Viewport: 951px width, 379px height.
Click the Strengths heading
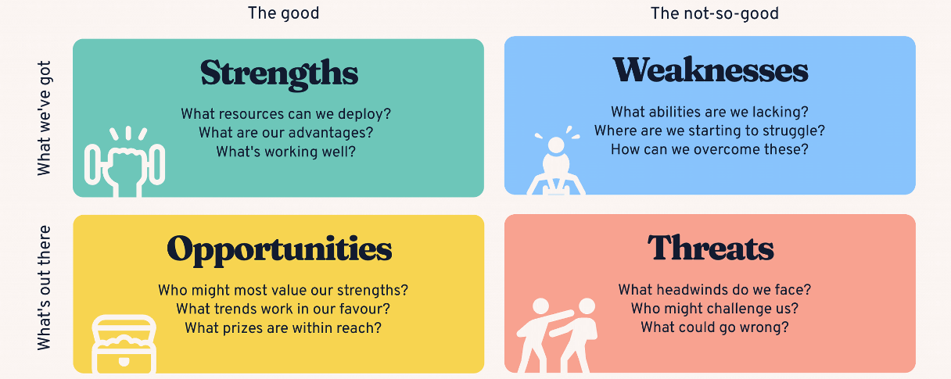pos(279,74)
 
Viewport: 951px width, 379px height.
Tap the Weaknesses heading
pos(710,70)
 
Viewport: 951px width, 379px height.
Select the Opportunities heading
pos(279,250)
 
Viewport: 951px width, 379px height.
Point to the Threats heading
pos(710,248)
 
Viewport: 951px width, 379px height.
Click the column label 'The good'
pos(283,13)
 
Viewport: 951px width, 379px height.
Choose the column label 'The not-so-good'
pos(715,13)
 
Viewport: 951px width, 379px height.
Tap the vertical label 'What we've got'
pos(44,118)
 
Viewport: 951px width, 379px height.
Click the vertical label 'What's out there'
pos(44,288)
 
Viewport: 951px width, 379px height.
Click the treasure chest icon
pos(124,344)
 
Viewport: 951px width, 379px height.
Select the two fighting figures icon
pos(557,335)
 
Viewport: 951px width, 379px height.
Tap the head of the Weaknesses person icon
pos(556,145)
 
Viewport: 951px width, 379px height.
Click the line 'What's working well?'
pos(285,152)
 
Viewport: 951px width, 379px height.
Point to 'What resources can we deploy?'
pos(285,114)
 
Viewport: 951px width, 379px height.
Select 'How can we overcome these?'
pos(709,149)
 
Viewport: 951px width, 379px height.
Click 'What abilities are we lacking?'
pos(709,112)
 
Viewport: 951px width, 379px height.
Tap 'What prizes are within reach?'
pos(283,328)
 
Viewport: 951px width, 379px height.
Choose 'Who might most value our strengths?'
pos(283,290)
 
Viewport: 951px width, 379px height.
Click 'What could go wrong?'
pos(715,327)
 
